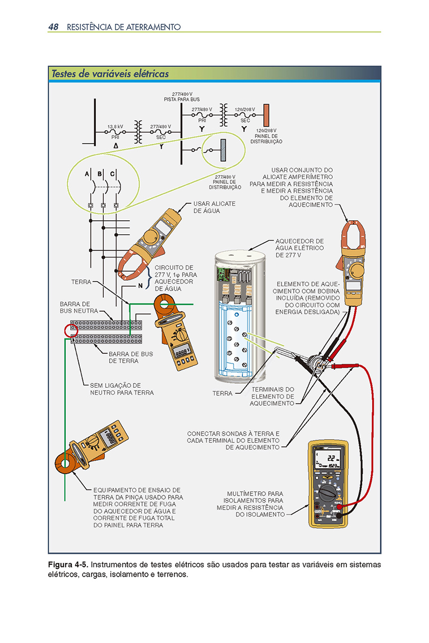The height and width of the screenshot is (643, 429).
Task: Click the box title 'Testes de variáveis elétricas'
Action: (110, 74)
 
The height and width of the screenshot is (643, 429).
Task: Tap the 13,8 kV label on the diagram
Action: (115, 127)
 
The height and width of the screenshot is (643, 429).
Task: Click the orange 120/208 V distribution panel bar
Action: (266, 115)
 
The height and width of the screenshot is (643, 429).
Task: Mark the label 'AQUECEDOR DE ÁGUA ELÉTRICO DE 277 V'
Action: (299, 248)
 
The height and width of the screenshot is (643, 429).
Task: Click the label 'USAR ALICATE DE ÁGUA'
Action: (214, 207)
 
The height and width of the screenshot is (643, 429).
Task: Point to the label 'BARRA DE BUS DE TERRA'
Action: (131, 357)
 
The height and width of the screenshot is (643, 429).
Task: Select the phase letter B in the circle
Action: (100, 174)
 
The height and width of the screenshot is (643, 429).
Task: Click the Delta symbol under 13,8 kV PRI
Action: (116, 146)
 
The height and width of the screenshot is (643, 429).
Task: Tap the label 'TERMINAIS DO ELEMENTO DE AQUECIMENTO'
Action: (272, 396)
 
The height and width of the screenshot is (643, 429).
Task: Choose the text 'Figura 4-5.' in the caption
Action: (68, 565)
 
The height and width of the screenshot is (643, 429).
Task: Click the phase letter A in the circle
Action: (87, 174)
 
